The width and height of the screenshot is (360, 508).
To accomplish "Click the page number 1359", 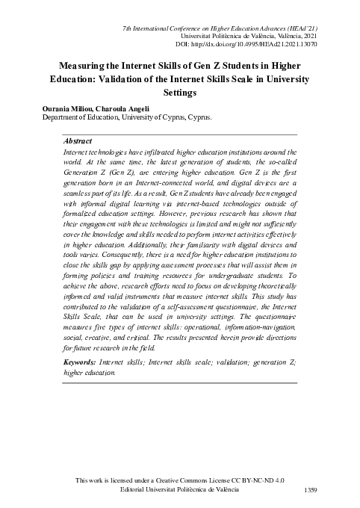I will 311,489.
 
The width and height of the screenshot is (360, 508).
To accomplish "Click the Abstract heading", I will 78,140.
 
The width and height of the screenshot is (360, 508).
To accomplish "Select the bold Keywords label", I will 81,362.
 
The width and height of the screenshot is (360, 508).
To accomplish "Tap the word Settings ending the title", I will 180,93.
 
